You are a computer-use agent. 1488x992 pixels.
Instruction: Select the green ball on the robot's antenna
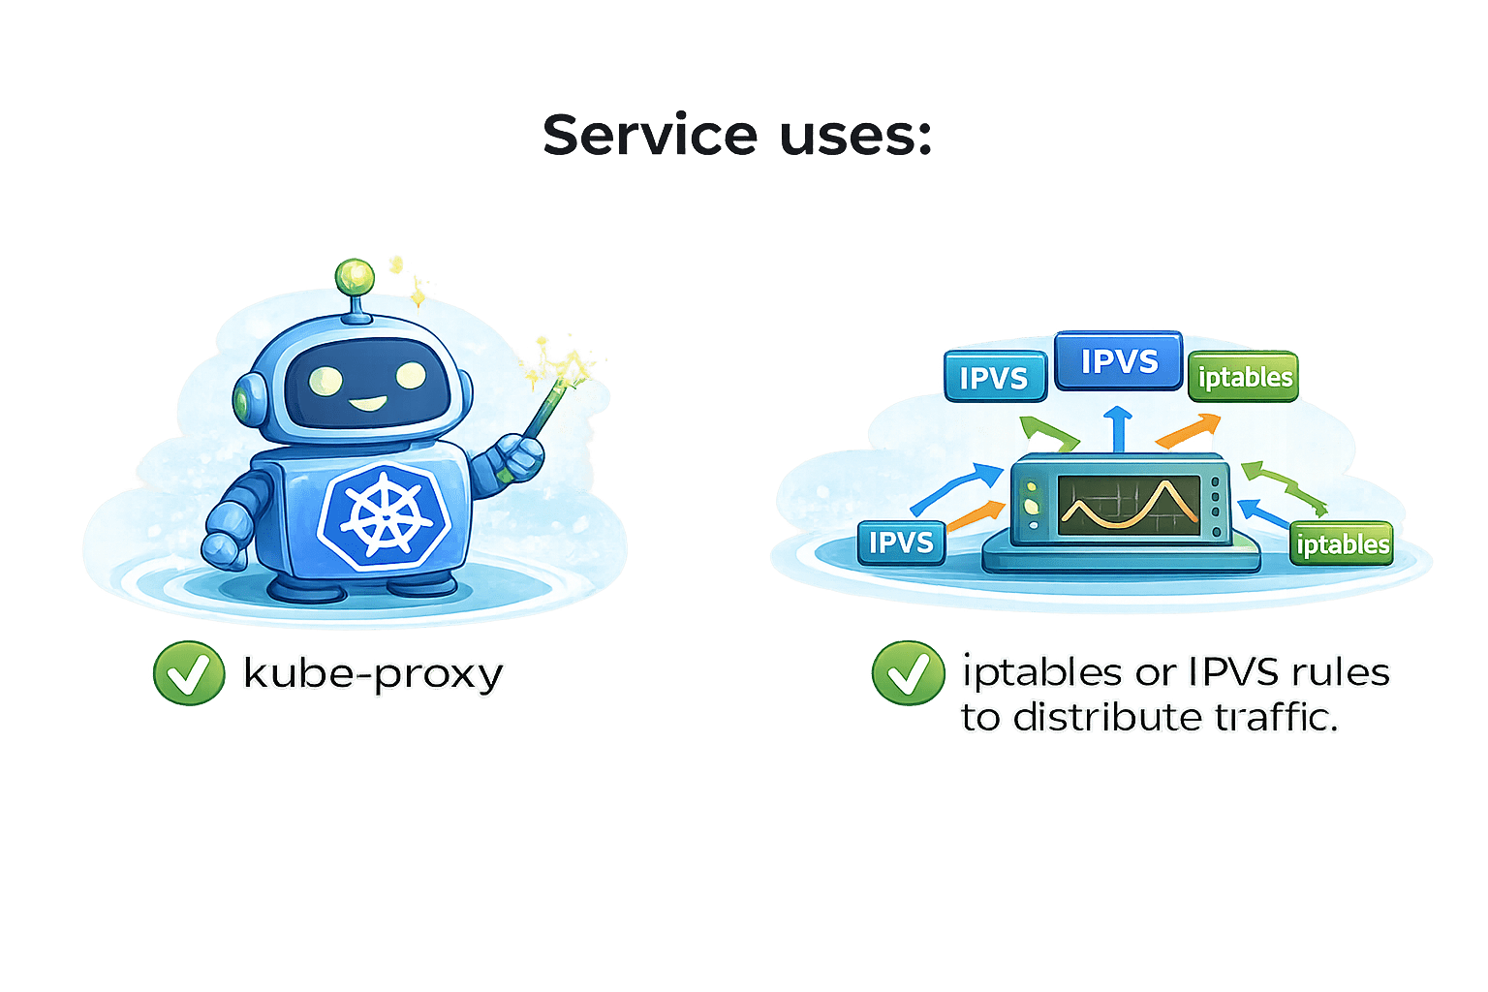pyautogui.click(x=355, y=277)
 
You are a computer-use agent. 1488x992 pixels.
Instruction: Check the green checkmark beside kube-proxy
pyautogui.click(x=189, y=672)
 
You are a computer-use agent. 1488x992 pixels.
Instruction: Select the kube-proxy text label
pyautogui.click(x=374, y=674)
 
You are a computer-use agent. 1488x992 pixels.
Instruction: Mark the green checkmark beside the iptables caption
pyautogui.click(x=908, y=672)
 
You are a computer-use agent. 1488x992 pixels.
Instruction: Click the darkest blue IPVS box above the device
pyautogui.click(x=1119, y=361)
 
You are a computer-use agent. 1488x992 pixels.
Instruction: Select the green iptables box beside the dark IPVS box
pyautogui.click(x=1244, y=377)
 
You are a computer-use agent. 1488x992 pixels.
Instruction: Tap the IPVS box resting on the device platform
pyautogui.click(x=901, y=542)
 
